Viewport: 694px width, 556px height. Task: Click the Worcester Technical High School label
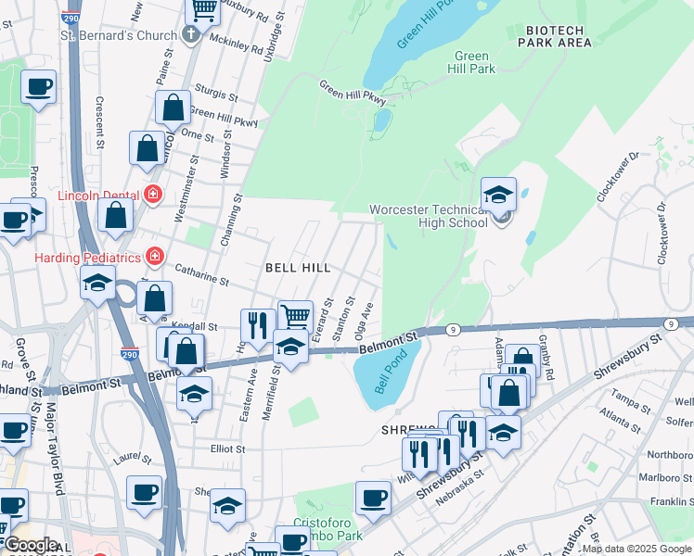428,216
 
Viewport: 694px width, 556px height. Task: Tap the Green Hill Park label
471,62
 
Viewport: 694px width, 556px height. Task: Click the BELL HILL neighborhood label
298,267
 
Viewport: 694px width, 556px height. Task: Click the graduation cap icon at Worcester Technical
498,195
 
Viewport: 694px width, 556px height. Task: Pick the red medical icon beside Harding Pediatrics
154,256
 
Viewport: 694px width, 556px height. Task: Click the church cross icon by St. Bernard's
190,35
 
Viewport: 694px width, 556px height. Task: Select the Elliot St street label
226,449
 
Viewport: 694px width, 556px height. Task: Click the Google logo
30,545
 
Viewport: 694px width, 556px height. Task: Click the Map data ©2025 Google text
636,549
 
